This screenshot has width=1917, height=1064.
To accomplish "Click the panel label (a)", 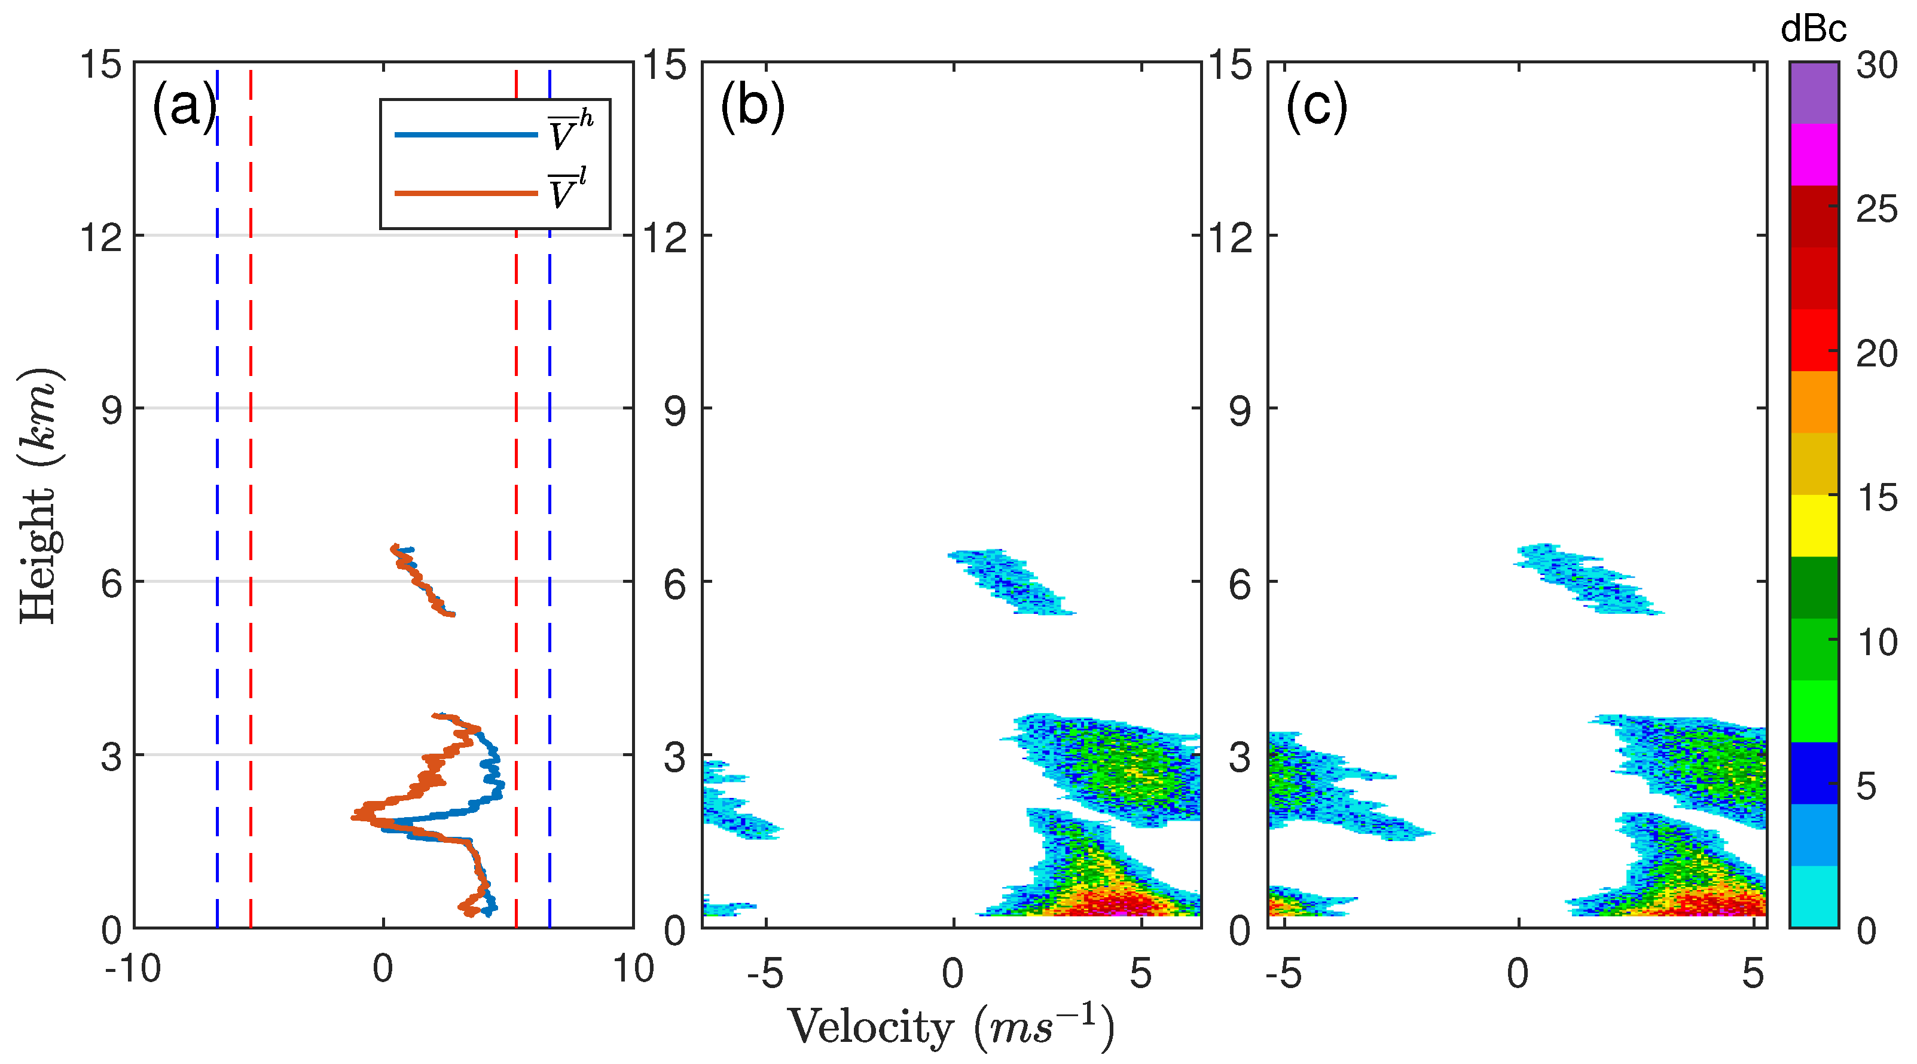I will pyautogui.click(x=184, y=106).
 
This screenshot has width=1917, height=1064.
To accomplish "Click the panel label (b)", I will pyautogui.click(x=752, y=106).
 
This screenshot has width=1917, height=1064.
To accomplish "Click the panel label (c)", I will pyautogui.click(x=1315, y=106).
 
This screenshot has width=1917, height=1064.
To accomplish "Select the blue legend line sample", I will pyautogui.click(x=465, y=134).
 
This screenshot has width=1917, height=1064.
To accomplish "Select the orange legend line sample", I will pyautogui.click(x=465, y=194).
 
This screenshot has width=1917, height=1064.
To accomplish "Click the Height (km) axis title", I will pyautogui.click(x=39, y=495).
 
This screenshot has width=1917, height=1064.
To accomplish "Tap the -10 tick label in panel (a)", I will pyautogui.click(x=133, y=969).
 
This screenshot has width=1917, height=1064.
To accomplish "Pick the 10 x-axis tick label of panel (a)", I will pyautogui.click(x=633, y=969).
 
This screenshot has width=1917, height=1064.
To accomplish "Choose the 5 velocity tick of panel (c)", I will pyautogui.click(x=1753, y=973).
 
